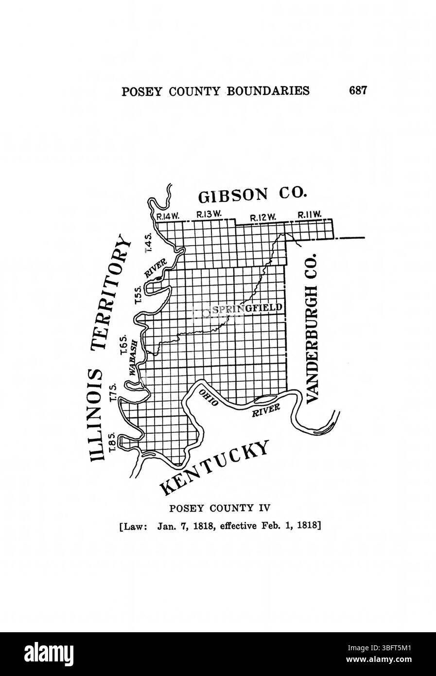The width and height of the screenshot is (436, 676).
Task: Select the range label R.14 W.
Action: [165, 217]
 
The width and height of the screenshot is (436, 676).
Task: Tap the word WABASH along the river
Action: [134, 357]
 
